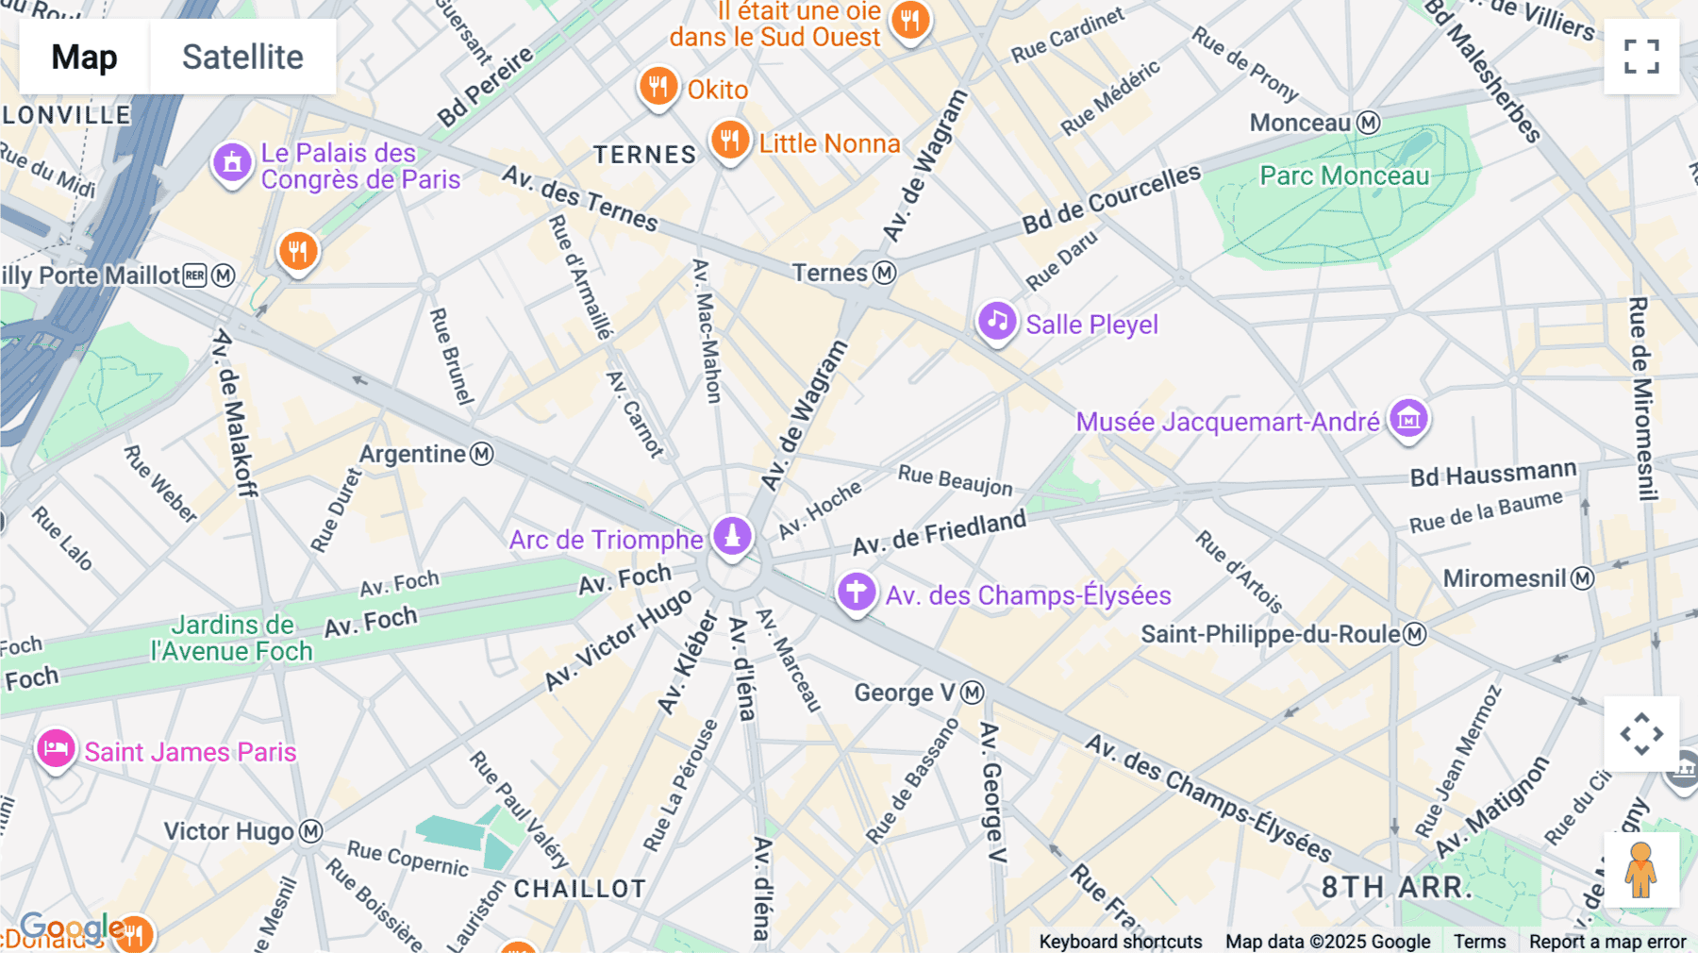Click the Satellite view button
click(242, 57)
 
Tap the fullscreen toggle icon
click(1641, 57)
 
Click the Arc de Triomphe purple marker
click(732, 535)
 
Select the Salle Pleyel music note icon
click(997, 322)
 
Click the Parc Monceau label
click(1344, 176)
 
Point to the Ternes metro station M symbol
click(884, 273)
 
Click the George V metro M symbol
click(973, 693)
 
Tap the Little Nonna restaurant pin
click(729, 141)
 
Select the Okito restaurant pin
click(658, 87)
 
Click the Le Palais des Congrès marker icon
click(232, 163)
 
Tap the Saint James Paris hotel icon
click(56, 749)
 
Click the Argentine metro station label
click(413, 454)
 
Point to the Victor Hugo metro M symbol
click(311, 831)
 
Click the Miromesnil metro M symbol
click(1582, 578)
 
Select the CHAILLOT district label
click(579, 889)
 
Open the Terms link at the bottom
click(1479, 942)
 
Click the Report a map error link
click(1607, 942)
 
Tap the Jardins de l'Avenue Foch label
click(232, 638)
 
